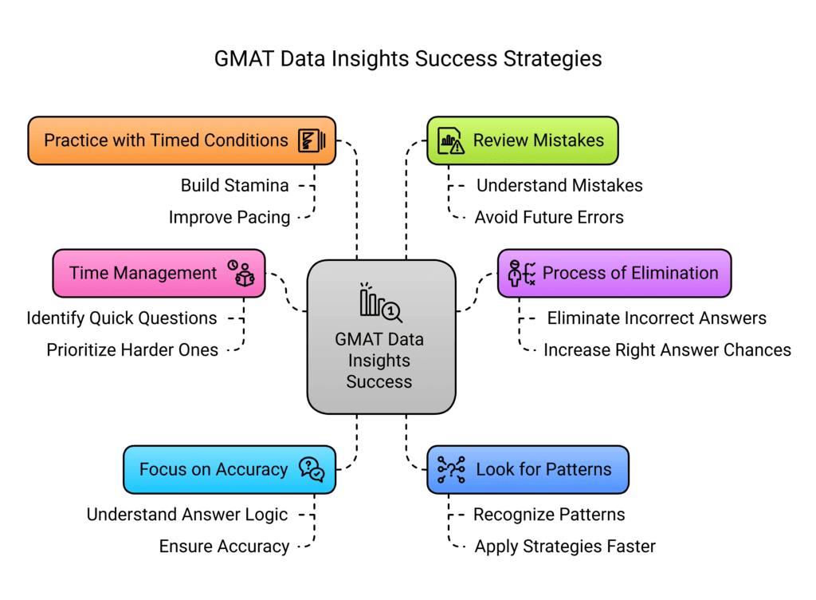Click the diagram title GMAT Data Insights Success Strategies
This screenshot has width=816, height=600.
pos(408,60)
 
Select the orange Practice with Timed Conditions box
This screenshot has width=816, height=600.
pos(182,140)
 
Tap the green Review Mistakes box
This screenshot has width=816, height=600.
pos(522,140)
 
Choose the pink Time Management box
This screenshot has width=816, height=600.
pos(159,273)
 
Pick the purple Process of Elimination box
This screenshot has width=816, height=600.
pos(614,273)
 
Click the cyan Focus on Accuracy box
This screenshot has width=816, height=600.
pos(229,469)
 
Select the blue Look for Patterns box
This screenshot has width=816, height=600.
pos(528,469)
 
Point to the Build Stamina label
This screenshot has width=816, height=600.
pos(234,185)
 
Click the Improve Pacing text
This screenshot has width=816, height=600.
pos(229,217)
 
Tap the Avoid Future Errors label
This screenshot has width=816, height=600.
pos(548,217)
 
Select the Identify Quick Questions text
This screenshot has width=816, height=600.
pos(121,318)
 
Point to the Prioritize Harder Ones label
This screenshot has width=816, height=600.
pos(132,349)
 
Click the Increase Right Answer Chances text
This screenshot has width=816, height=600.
pos(667,349)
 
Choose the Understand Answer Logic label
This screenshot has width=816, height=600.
pos(187,515)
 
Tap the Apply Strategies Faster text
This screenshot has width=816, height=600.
pos(565,547)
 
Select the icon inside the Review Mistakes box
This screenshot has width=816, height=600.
pos(451,141)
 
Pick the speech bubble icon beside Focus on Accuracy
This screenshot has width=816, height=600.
pos(311,469)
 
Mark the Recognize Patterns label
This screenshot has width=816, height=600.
pos(549,515)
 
